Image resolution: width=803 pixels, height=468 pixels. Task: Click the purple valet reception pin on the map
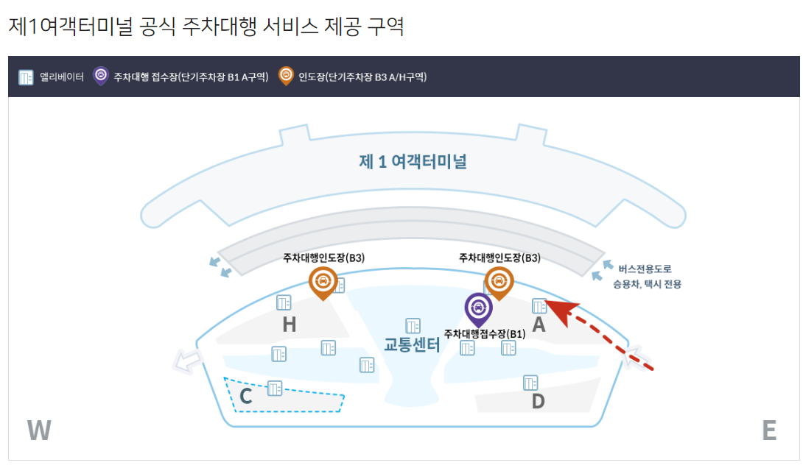(478, 308)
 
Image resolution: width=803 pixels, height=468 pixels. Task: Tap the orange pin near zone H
(322, 281)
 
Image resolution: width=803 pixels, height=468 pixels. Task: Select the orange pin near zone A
(499, 281)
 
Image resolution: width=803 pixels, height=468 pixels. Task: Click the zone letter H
(289, 325)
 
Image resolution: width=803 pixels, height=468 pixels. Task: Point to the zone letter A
(539, 325)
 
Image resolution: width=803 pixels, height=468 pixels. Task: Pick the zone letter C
(246, 397)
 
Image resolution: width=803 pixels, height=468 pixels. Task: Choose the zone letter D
(538, 401)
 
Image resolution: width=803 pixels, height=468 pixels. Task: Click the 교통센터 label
(412, 344)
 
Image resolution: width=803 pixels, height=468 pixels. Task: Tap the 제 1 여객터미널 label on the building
(413, 162)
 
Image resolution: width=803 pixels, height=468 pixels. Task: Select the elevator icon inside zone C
(275, 388)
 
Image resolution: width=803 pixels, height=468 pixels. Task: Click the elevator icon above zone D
(530, 383)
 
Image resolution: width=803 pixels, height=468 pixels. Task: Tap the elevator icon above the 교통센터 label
(413, 325)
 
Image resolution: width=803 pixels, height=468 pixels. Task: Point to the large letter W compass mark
(38, 430)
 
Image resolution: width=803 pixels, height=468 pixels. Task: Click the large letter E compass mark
(769, 430)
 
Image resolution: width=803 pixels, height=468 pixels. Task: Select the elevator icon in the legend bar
(26, 77)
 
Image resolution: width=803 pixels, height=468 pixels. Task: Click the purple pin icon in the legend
(101, 76)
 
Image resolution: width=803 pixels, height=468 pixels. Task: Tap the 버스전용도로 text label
(645, 269)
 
